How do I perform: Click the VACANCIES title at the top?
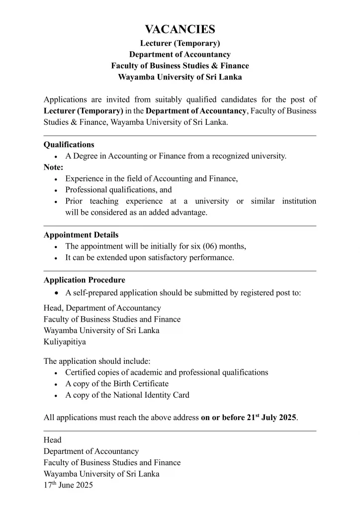180,29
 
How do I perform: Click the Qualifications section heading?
69,145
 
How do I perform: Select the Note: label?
53,168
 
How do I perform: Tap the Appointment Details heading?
81,235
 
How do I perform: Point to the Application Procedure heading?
85,280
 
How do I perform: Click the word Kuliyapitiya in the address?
65,342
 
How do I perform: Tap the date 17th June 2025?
68,486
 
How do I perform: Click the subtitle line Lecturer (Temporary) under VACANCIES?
180,43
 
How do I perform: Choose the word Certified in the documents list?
81,372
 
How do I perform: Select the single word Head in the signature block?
53,440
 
